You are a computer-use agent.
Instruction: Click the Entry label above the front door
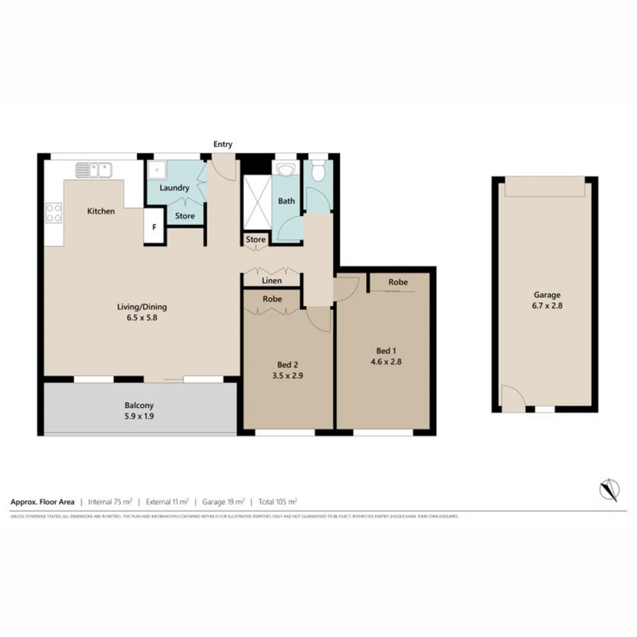(x=224, y=144)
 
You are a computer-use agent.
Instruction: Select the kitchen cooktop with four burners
(x=54, y=212)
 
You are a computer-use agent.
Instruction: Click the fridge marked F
(x=155, y=226)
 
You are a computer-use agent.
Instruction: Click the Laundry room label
(x=174, y=188)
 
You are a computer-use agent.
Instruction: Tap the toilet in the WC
(x=318, y=172)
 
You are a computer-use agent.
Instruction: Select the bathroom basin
(x=287, y=170)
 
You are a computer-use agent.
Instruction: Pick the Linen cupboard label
(x=271, y=281)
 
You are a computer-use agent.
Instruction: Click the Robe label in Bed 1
(x=398, y=283)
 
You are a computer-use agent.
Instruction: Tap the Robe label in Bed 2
(x=272, y=299)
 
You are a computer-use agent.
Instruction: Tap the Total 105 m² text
(x=277, y=502)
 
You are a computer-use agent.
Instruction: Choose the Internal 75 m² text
(x=109, y=502)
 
